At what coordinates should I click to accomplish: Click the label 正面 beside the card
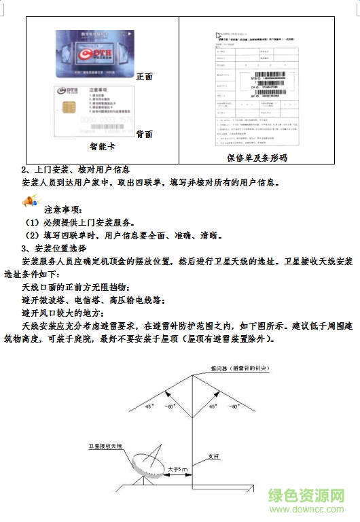point(145,76)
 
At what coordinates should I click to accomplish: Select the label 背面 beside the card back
point(145,133)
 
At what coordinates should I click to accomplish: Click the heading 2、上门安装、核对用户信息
point(75,169)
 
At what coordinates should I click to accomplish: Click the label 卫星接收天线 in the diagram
point(105,446)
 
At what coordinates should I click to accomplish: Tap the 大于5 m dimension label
point(179,470)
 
